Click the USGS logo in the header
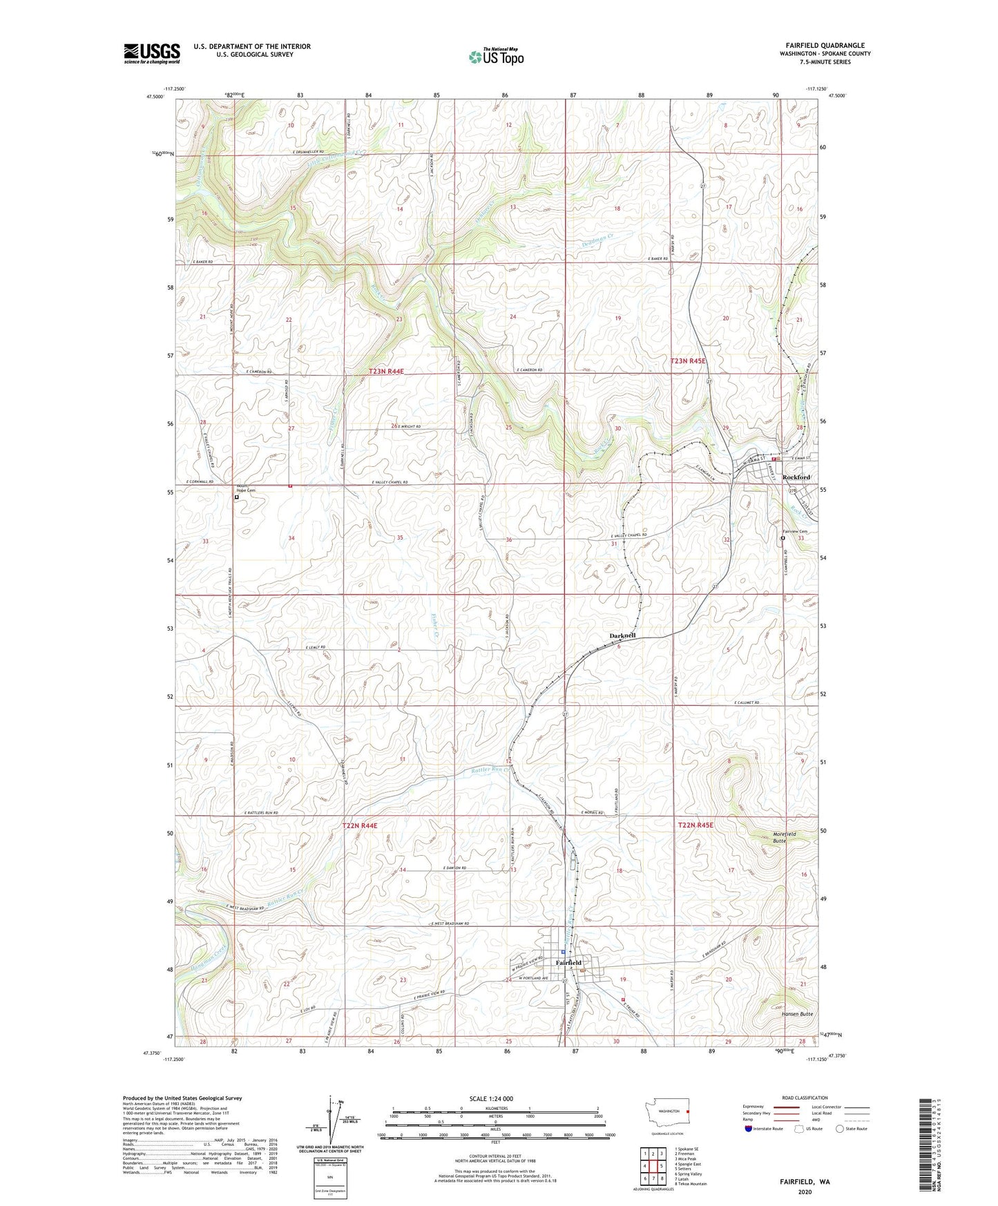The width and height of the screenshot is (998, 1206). pyautogui.click(x=152, y=53)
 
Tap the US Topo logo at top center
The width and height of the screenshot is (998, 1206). pyautogui.click(x=496, y=56)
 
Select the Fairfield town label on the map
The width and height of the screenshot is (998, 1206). pyautogui.click(x=568, y=963)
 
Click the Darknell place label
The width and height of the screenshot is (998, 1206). pyautogui.click(x=622, y=635)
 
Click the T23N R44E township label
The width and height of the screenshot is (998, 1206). pyautogui.click(x=386, y=372)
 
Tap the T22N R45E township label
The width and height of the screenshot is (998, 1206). pyautogui.click(x=695, y=825)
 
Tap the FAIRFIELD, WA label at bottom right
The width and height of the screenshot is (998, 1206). pyautogui.click(x=804, y=1182)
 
